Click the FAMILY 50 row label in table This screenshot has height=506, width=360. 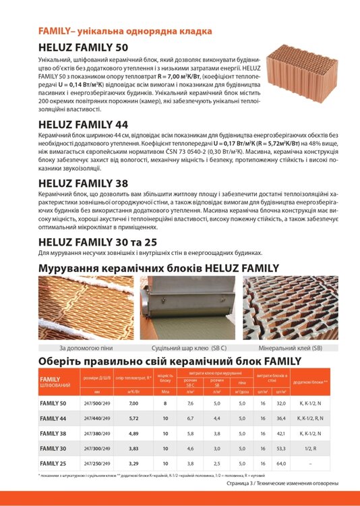[53, 403]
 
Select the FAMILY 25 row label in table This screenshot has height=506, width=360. [53, 463]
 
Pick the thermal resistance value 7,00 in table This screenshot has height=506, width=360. [133, 403]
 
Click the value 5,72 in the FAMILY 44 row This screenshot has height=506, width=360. [133, 418]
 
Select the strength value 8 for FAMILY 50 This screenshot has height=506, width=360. [165, 403]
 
